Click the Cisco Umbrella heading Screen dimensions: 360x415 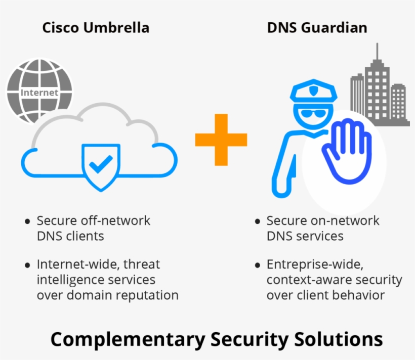[96, 27]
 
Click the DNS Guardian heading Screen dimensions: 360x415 [317, 27]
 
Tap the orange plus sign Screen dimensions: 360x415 [221, 140]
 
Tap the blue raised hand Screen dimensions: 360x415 [347, 149]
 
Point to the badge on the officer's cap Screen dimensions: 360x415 [314, 92]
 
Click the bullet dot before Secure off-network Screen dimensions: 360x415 [27, 222]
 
